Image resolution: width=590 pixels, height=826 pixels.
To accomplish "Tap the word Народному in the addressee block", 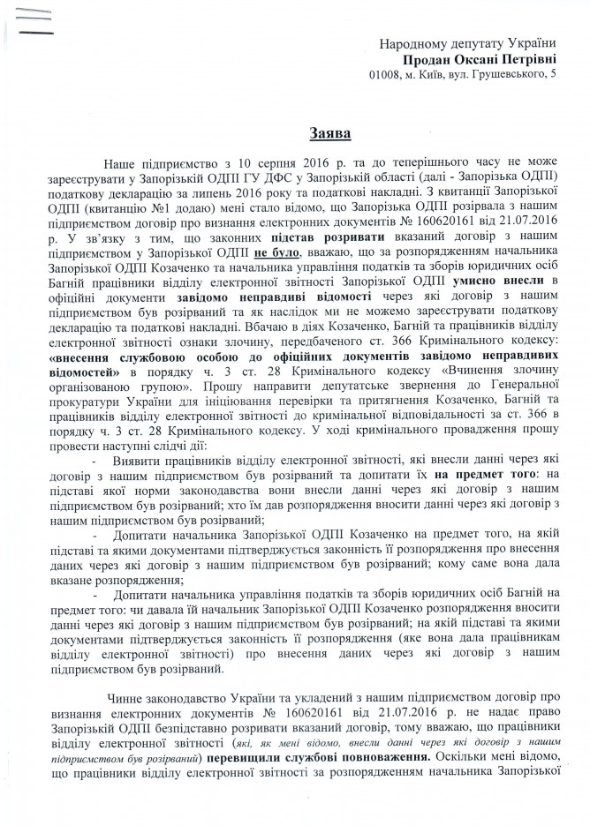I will (x=408, y=43).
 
